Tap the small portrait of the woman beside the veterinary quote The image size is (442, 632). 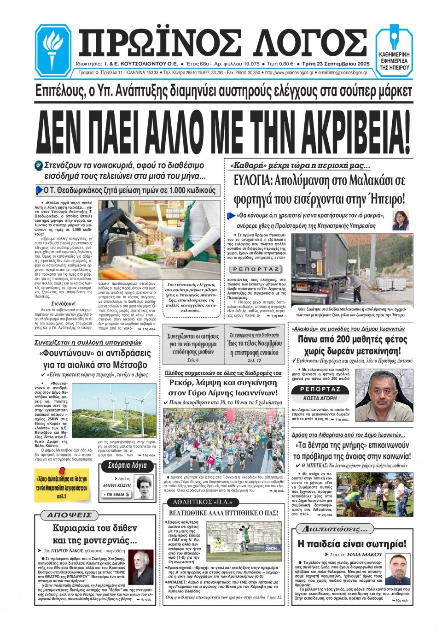tap(400, 221)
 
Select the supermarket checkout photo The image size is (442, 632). tap(159, 240)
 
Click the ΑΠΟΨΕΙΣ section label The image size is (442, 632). tap(70, 515)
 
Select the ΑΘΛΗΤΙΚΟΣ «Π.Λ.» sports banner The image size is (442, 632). tap(203, 502)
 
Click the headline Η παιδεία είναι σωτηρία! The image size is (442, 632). tap(352, 544)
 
